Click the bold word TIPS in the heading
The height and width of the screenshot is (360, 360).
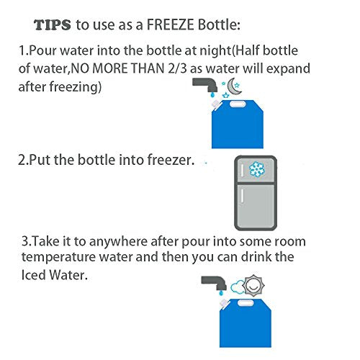[x=53, y=25]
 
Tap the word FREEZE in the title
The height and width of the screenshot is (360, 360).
[x=170, y=24]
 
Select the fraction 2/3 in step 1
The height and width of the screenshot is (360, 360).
[x=177, y=68]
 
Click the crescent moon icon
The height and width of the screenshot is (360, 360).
[x=233, y=86]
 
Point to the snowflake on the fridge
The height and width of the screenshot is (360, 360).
[x=257, y=169]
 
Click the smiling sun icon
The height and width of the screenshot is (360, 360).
[x=253, y=286]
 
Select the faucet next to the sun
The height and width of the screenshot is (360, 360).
[x=215, y=283]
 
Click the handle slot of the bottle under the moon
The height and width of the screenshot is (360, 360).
[x=238, y=104]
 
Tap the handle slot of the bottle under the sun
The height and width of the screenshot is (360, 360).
[x=246, y=303]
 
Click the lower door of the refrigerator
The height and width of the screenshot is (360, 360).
[x=256, y=206]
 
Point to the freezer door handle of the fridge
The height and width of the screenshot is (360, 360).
[x=242, y=170]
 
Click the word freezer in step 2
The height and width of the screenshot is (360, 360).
[x=171, y=160]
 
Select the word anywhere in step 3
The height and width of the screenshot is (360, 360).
[x=118, y=242]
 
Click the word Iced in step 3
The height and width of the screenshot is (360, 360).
[x=33, y=275]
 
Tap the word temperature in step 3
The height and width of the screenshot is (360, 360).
[x=59, y=257]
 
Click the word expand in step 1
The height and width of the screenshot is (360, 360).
[x=288, y=69]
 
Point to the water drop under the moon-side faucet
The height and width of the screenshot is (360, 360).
[x=212, y=95]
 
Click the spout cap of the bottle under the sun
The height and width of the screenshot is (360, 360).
[x=224, y=303]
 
